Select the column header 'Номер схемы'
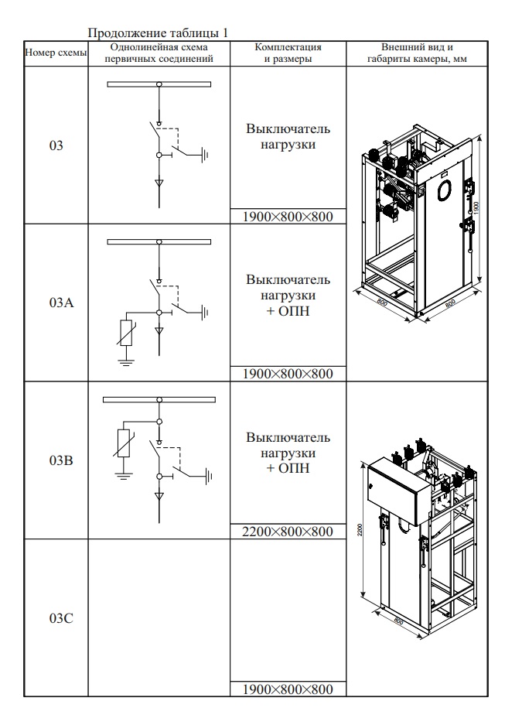tap(56, 53)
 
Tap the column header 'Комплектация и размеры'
tap(288, 53)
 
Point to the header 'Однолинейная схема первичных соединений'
tap(159, 53)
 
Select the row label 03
tap(56, 145)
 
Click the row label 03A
tap(56, 303)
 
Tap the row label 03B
tap(56, 460)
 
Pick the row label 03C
tap(56, 618)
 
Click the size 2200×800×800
tap(288, 532)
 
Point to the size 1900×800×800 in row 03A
tap(288, 374)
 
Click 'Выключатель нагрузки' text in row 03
tap(288, 136)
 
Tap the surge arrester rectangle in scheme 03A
tap(126, 333)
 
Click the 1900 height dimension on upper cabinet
tap(479, 207)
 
